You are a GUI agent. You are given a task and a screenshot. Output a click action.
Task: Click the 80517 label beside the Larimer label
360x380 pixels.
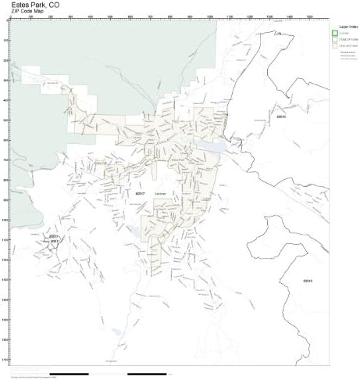(140, 192)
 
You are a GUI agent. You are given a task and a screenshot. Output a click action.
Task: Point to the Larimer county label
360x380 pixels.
(161, 192)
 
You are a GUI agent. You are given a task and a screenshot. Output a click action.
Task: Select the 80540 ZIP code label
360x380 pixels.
(307, 279)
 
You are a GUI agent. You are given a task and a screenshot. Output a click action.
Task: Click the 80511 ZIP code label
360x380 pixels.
(55, 242)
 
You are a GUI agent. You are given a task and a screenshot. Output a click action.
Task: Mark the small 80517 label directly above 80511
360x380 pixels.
(55, 235)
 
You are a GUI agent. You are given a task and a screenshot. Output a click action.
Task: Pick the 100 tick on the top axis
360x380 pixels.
(30, 16)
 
